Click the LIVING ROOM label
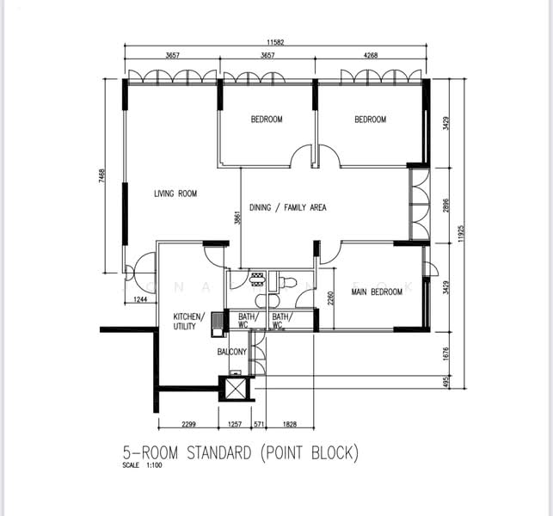click(175, 194)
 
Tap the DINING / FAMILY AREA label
click(287, 207)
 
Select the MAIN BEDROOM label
click(377, 292)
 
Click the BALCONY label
click(231, 352)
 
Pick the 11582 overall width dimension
click(276, 41)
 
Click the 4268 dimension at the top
click(371, 55)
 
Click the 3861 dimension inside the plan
click(237, 218)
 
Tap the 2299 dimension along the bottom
click(192, 425)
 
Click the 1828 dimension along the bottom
click(293, 425)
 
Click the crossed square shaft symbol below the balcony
click(233, 388)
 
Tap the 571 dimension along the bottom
click(258, 425)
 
